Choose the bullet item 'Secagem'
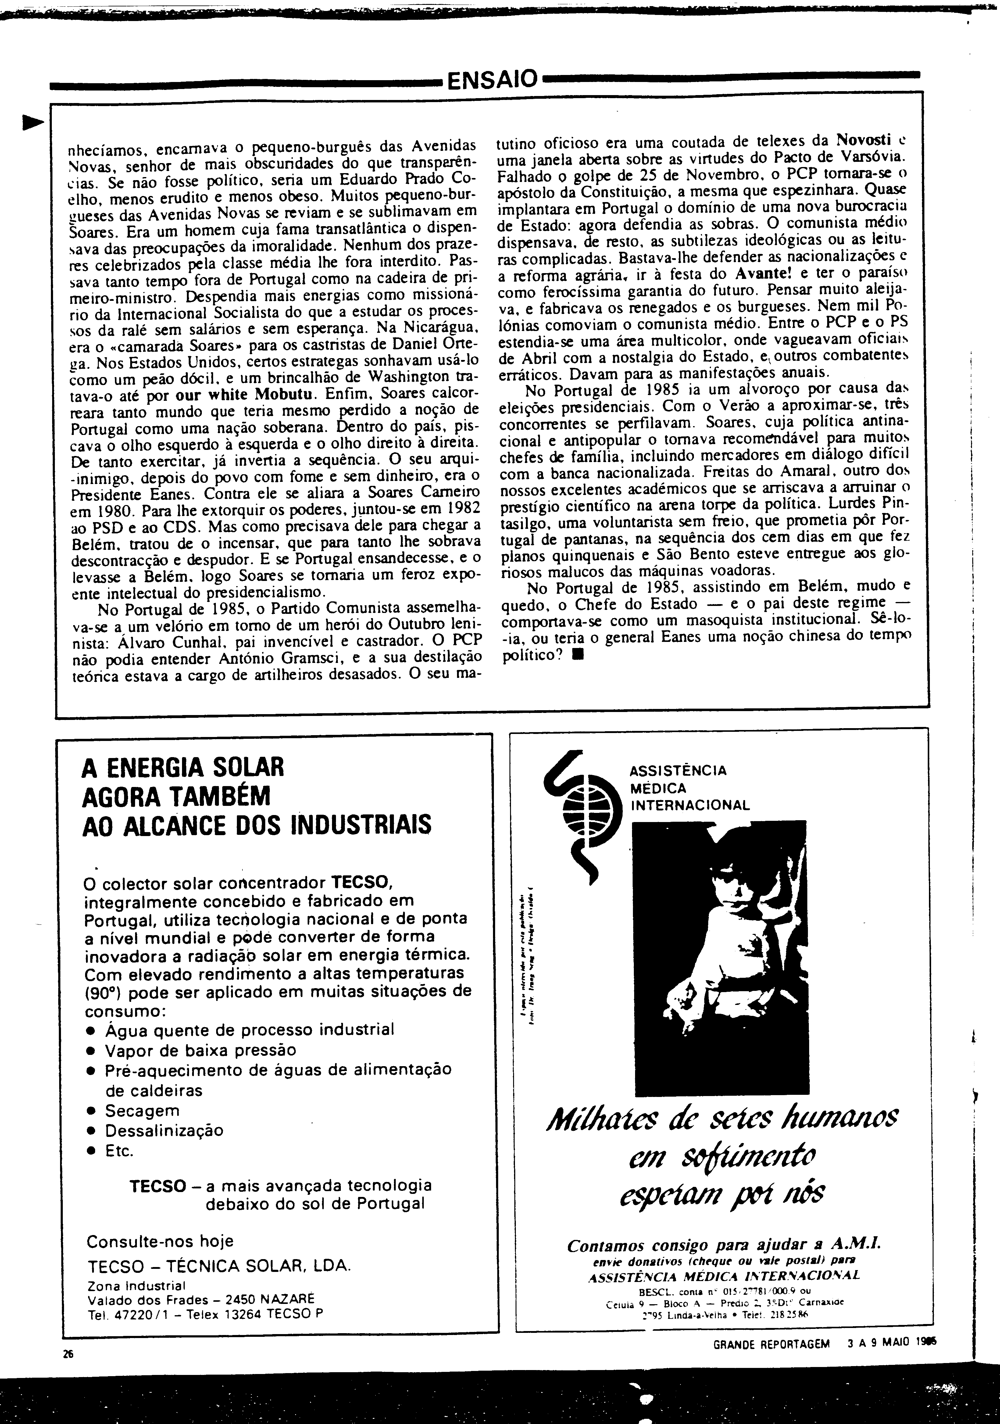tap(142, 1110)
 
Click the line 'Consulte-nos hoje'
tap(160, 1241)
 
